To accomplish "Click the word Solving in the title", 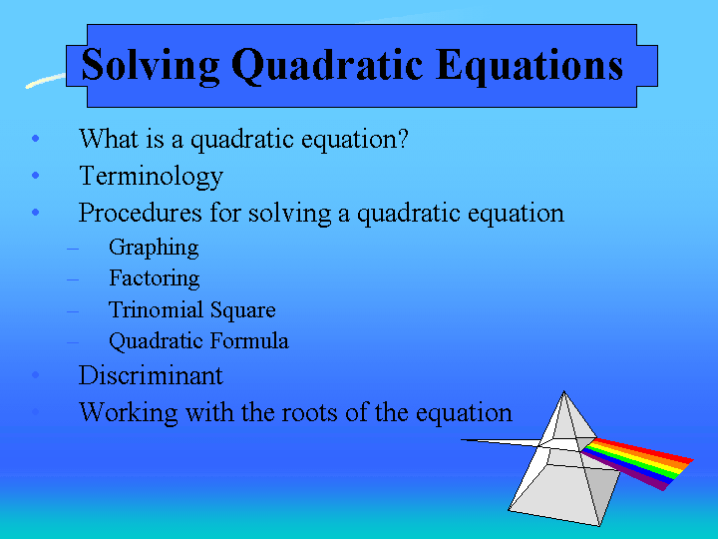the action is pos(151,66).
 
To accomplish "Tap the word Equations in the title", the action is pos(529,66).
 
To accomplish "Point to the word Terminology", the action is pos(152,177).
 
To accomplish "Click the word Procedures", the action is pos(141,213).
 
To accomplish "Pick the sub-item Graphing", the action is pos(154,248).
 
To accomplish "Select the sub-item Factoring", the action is pos(155,278).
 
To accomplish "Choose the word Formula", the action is pos(249,340).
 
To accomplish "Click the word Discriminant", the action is pos(151,375).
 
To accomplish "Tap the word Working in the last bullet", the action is pos(129,412).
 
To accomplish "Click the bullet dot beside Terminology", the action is pos(36,175).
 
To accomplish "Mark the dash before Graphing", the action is pos(73,249).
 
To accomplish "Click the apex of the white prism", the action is pos(564,391).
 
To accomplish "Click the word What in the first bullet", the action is pos(109,138).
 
